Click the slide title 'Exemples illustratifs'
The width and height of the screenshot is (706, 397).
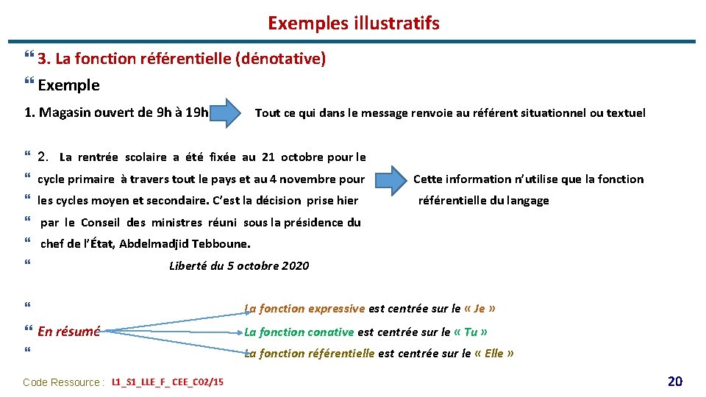pos(353,23)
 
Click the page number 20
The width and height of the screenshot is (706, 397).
pos(674,381)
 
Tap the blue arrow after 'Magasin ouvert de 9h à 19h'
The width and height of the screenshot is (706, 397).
pos(229,112)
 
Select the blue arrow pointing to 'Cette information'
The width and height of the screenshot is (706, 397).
pos(387,179)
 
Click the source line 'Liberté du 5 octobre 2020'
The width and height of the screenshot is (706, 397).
pos(239,266)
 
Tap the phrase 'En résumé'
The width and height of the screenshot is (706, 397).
pos(68,332)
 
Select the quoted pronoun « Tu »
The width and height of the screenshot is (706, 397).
pos(471,332)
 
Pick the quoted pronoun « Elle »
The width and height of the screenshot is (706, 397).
pos(494,354)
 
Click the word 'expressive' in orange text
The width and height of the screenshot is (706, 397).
pos(336,309)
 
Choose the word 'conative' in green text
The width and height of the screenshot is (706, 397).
pos(331,332)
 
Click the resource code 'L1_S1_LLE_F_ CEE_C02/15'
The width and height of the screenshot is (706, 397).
pos(168,382)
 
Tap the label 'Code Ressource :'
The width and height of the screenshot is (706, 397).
pos(63,382)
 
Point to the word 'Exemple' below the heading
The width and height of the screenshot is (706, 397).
pos(68,85)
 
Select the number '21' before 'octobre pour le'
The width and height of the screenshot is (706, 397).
pos(268,157)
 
